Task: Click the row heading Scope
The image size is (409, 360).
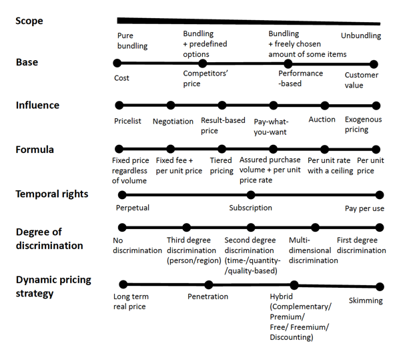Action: point(29,21)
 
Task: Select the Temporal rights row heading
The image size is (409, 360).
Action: point(52,194)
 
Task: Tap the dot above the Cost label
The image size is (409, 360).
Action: point(117,63)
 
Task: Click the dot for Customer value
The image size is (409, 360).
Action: point(374,64)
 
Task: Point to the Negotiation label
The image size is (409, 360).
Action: point(173,122)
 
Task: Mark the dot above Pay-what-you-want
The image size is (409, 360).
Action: point(274,106)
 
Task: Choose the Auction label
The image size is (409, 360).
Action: point(322,120)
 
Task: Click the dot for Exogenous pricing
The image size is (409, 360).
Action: point(376,106)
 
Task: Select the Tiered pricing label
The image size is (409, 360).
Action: point(222,166)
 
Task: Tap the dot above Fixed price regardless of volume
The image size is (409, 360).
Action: point(119,149)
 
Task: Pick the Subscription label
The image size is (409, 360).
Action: point(250,208)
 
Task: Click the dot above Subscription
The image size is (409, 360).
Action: point(251,195)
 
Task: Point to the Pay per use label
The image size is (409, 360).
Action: point(364,208)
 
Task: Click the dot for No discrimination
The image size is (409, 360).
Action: point(122,227)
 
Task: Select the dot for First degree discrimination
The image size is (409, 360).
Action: point(380,227)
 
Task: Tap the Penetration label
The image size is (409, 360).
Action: point(208,297)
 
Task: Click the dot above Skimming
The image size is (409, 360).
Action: point(380,287)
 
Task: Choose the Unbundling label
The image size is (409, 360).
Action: point(361,35)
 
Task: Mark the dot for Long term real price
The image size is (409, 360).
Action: point(123,285)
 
